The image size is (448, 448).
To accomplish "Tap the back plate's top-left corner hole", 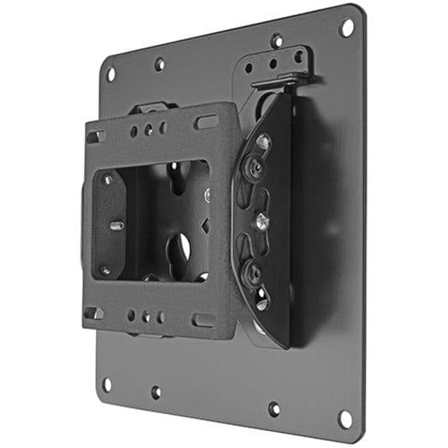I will (110, 73).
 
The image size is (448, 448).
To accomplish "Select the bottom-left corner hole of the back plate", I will (106, 384).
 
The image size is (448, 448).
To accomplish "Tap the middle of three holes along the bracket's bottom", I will (145, 316).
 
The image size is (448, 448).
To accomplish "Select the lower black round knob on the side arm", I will (251, 273).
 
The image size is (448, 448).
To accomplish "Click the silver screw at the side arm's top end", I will (264, 142).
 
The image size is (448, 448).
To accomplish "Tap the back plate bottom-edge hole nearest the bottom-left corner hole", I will (155, 392).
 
